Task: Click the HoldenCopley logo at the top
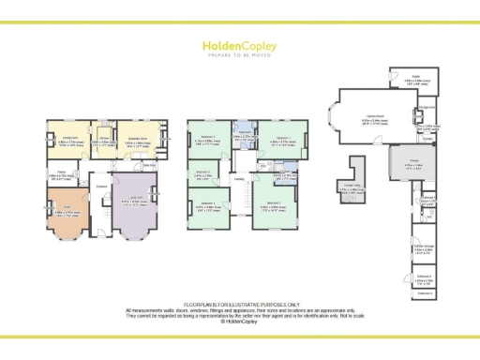[x=239, y=44]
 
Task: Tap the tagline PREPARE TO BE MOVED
[x=239, y=55]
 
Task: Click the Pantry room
[x=63, y=173]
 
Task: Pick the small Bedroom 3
[x=203, y=172]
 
